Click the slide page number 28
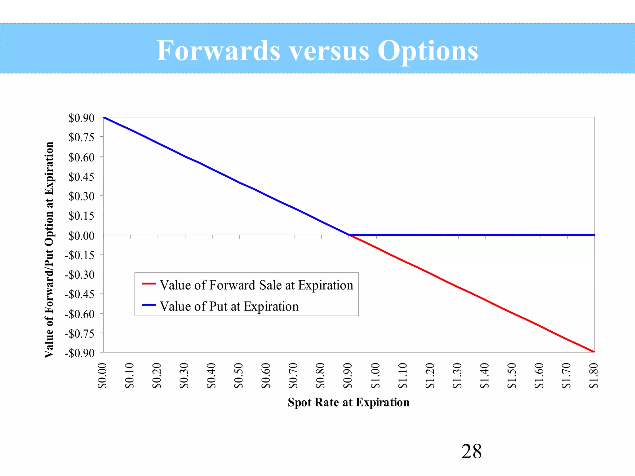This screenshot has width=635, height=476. [471, 451]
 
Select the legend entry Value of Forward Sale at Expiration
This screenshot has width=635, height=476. [256, 285]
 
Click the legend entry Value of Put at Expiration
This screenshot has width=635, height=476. [229, 306]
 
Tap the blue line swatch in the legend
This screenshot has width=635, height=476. [149, 305]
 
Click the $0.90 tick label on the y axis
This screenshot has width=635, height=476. [81, 118]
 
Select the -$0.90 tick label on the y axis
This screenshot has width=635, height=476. [79, 353]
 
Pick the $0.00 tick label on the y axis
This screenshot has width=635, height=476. [81, 236]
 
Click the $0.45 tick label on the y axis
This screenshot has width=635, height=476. [81, 177]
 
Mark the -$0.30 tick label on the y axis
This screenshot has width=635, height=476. [79, 275]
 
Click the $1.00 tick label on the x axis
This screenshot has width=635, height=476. [375, 376]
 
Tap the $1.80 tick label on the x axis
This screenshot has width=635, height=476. [593, 376]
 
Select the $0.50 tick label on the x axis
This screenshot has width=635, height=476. [239, 376]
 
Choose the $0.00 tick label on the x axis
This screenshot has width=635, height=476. [102, 376]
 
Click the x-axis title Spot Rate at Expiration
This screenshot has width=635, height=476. [349, 402]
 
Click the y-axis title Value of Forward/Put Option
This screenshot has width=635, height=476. [49, 250]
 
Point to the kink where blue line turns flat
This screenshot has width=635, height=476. [349, 235]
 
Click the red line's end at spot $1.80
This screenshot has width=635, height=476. [594, 352]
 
